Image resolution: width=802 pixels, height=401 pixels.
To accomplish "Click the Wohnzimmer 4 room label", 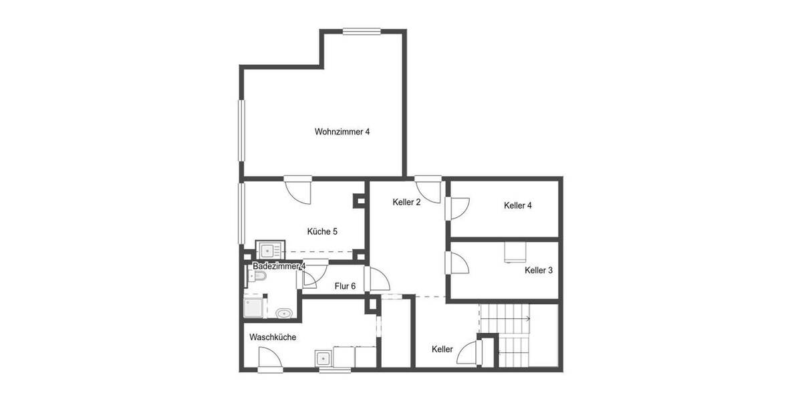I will (342, 132).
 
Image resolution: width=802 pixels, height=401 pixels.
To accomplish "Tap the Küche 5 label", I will (322, 232).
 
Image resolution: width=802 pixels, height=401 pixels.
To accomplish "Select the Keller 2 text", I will (406, 202).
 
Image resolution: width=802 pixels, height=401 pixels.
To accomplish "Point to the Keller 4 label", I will (518, 206).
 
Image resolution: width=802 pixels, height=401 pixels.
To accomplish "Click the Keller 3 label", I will (539, 271).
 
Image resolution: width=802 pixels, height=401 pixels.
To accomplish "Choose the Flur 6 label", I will (345, 286).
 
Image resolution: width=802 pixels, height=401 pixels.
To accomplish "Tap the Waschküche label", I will (273, 338).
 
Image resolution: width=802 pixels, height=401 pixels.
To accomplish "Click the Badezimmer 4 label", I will (279, 266).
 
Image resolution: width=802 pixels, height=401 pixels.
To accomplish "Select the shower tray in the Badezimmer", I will (254, 308).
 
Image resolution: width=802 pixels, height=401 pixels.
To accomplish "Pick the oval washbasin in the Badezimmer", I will (283, 313).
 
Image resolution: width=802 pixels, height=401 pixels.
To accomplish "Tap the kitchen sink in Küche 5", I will (269, 251).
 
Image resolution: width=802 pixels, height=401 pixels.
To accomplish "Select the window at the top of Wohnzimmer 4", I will (362, 30).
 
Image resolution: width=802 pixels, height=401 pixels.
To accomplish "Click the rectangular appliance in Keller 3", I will (515, 251).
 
